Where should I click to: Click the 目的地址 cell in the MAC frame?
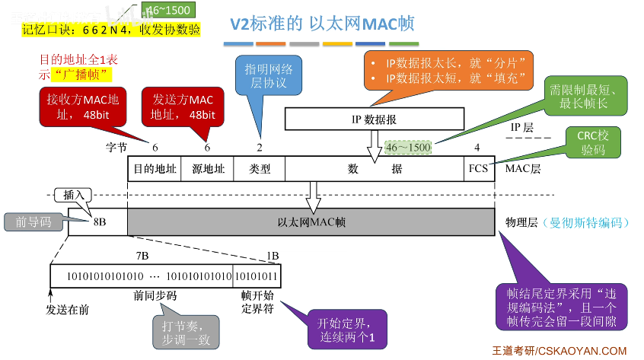(154, 169)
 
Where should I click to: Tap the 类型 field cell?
(260, 169)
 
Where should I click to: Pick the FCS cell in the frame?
(477, 169)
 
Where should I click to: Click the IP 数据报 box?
(374, 119)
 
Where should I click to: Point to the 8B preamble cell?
(98, 222)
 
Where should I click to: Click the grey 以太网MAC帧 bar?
(311, 222)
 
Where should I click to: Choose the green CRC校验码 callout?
(593, 142)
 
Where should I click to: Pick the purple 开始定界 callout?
(341, 330)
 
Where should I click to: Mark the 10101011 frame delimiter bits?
(257, 275)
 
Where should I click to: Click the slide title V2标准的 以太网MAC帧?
(322, 24)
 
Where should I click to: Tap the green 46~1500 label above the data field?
(407, 146)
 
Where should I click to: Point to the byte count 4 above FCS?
(477, 147)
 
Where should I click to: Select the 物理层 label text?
(521, 222)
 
